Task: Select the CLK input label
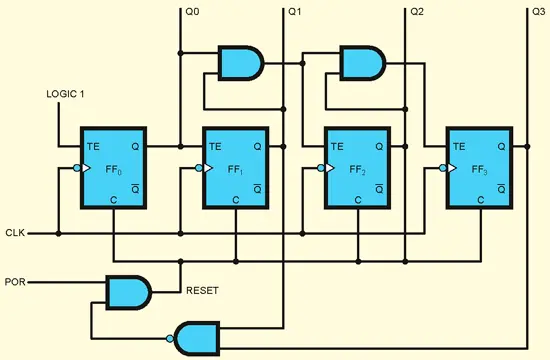point(14,233)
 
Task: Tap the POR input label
point(14,282)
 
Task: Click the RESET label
point(203,292)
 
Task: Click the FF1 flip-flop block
point(236,168)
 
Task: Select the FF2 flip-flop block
point(360,168)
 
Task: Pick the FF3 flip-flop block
point(480,168)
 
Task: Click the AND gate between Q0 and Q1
point(240,63)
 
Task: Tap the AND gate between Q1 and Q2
point(362,63)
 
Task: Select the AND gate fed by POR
point(128,292)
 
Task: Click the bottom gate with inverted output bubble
point(198,337)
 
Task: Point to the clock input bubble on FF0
point(76,169)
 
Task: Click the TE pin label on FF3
point(459,146)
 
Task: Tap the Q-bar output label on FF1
point(257,186)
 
